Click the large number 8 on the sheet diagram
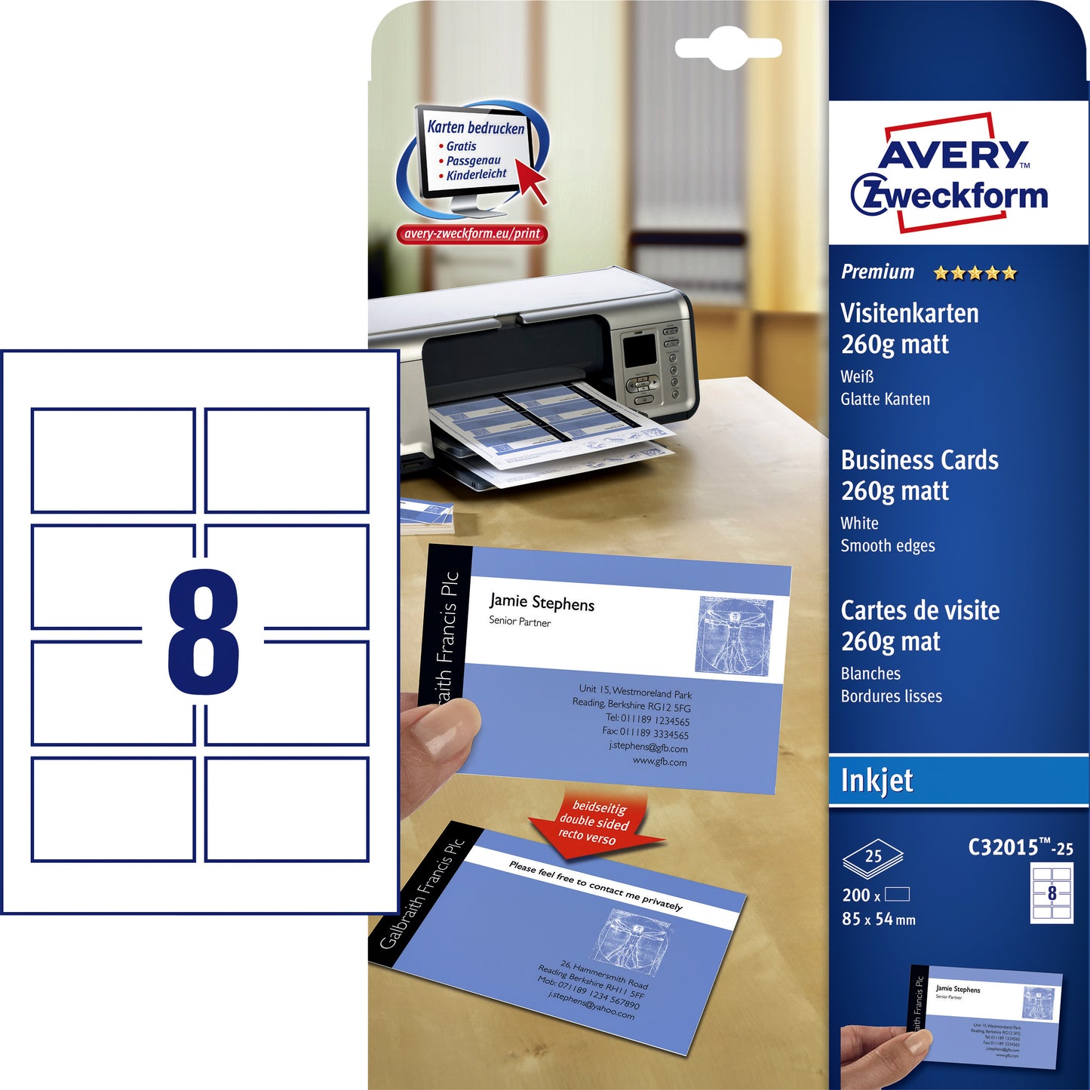click(203, 631)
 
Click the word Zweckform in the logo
click(950, 195)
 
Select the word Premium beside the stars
click(877, 272)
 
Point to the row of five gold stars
click(975, 273)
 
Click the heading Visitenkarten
click(909, 313)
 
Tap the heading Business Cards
click(919, 459)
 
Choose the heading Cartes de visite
click(920, 609)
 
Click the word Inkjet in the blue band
click(877, 781)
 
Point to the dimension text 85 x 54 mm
click(878, 919)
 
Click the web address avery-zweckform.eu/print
click(471, 234)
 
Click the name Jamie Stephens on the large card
click(542, 602)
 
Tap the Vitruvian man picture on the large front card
click(733, 634)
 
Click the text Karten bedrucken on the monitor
click(475, 127)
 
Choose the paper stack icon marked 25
click(873, 858)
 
